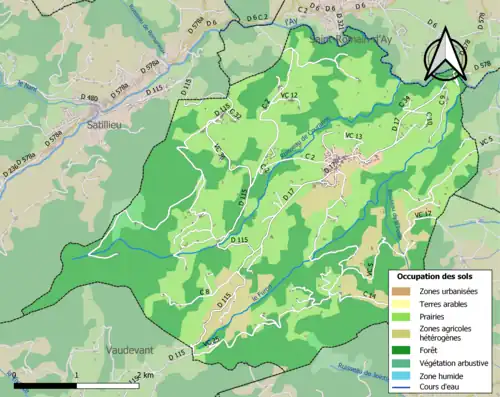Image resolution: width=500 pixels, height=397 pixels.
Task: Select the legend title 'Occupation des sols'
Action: click(x=436, y=275)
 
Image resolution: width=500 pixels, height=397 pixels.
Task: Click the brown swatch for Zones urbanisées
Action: click(x=399, y=290)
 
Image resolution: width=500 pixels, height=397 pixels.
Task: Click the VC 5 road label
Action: click(x=488, y=139)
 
